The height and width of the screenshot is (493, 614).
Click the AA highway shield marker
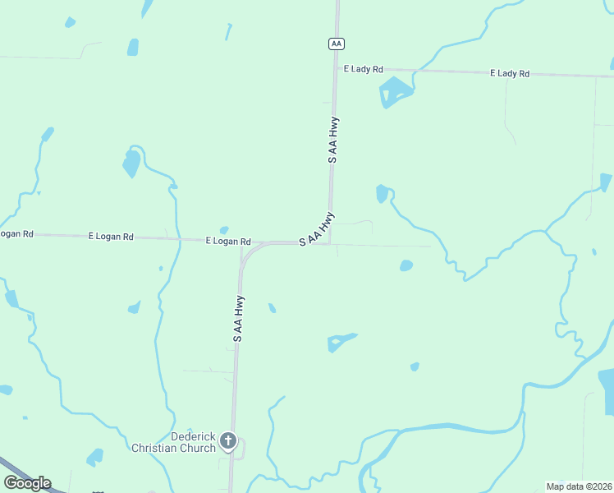click(x=335, y=43)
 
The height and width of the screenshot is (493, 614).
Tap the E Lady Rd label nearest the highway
click(x=364, y=69)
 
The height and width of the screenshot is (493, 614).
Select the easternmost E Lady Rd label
click(x=510, y=73)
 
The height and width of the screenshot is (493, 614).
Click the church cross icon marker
click(x=229, y=442)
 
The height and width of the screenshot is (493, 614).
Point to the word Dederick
click(x=193, y=436)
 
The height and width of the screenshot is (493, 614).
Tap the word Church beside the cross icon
click(x=202, y=448)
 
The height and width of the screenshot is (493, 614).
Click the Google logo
click(x=27, y=482)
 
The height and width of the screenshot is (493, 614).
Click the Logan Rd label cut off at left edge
click(x=16, y=234)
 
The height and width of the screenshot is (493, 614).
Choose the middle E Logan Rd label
click(x=111, y=236)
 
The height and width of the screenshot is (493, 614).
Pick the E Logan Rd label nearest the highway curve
click(x=228, y=242)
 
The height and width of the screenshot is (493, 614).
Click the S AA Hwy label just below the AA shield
click(x=333, y=140)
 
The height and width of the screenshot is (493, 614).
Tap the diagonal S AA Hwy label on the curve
click(x=317, y=229)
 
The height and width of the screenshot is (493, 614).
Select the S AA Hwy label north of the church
click(x=238, y=318)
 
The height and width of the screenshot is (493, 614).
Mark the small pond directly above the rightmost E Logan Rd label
click(x=223, y=230)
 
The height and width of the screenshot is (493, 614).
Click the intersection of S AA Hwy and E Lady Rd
click(x=335, y=68)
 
